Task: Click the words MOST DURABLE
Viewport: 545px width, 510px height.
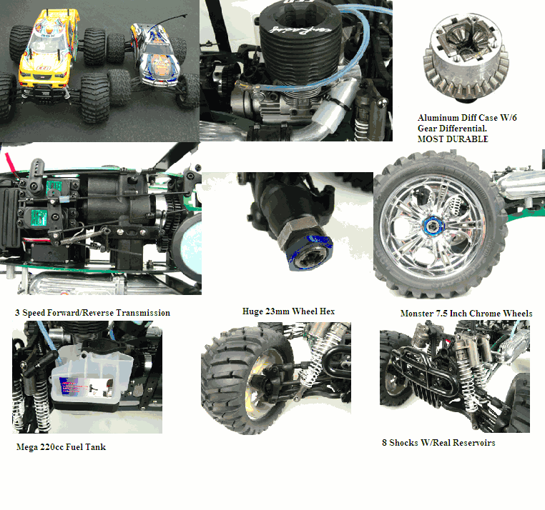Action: click(x=452, y=139)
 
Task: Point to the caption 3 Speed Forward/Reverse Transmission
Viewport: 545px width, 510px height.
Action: click(x=92, y=313)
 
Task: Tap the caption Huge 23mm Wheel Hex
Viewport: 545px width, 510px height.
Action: click(x=288, y=311)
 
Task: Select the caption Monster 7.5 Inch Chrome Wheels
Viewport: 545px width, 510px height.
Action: click(x=466, y=314)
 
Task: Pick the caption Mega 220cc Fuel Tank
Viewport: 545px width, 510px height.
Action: click(x=61, y=448)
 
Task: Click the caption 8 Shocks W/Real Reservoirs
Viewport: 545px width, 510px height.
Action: click(x=438, y=443)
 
